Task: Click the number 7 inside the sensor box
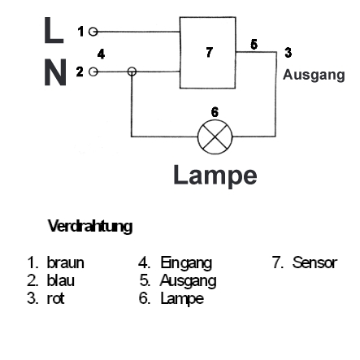coord(210,53)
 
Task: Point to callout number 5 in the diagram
coord(254,43)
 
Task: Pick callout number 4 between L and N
coord(100,54)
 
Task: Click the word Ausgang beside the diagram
coord(313,73)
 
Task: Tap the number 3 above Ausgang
coord(288,54)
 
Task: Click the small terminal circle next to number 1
coord(93,31)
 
